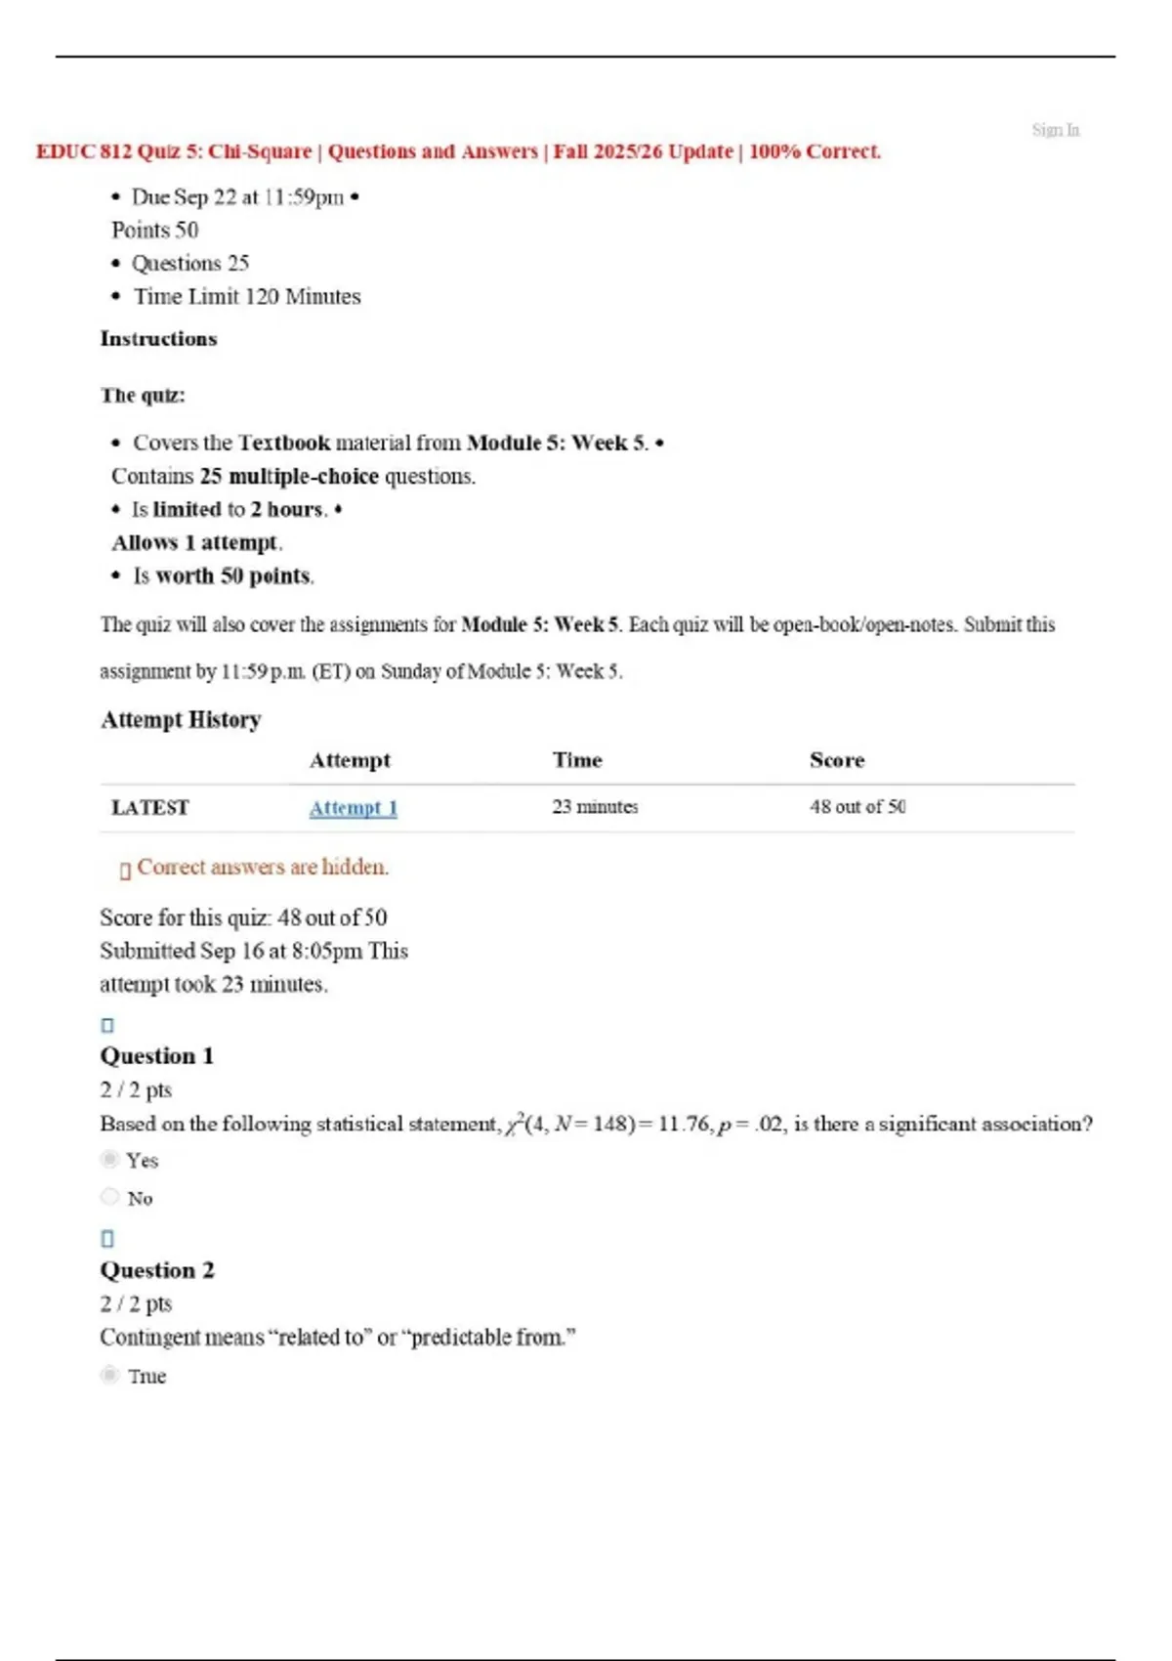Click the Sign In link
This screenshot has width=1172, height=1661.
pos(1055,130)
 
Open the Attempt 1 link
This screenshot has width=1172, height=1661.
pos(353,808)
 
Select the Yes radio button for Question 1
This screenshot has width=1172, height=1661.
pos(110,1160)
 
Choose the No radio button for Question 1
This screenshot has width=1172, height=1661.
pos(110,1197)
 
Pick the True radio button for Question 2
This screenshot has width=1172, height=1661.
pos(110,1376)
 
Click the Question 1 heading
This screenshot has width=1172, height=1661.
pos(156,1056)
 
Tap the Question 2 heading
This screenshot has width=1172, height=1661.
pos(156,1270)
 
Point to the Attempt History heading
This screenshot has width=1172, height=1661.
pos(181,720)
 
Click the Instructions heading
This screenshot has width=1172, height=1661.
pos(158,339)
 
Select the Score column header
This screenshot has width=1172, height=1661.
pos(836,760)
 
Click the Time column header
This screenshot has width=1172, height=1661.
pos(577,760)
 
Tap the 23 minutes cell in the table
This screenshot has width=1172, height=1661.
pos(595,807)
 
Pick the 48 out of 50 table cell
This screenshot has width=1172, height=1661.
pos(857,807)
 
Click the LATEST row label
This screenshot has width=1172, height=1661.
pos(149,808)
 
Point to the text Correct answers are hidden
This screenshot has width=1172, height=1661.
pos(262,868)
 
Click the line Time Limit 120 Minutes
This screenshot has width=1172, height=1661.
pos(247,297)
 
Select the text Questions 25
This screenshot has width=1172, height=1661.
pos(190,264)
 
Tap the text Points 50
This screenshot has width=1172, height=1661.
pos(154,231)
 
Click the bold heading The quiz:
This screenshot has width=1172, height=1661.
pos(143,396)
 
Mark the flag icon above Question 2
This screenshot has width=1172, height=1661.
pos(107,1239)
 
